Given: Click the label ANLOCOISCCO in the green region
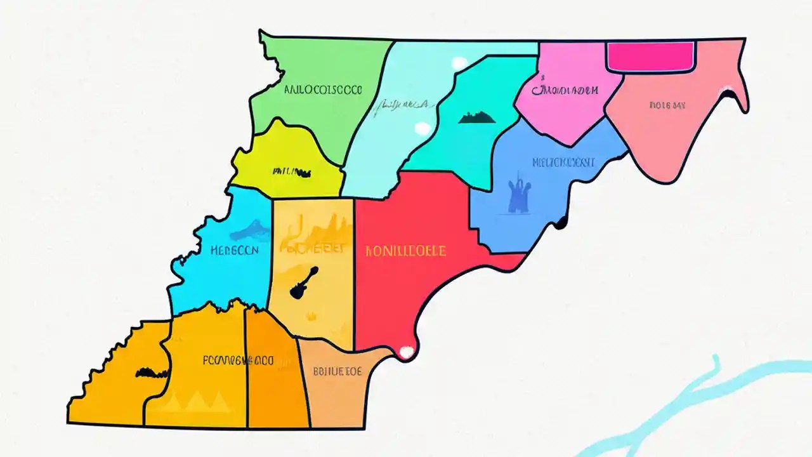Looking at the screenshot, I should [322, 90].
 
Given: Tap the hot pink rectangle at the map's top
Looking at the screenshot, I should [651, 56].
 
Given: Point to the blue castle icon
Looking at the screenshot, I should [519, 193].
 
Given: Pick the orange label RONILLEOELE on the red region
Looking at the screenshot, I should [405, 251].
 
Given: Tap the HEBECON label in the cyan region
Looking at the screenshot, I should [234, 250].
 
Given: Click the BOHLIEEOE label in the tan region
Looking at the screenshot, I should [337, 371].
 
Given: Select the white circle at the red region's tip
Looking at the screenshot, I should [405, 351].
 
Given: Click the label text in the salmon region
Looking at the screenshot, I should [667, 105].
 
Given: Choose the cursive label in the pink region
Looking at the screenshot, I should [565, 90].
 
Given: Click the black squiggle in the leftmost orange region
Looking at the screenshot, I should [152, 372].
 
